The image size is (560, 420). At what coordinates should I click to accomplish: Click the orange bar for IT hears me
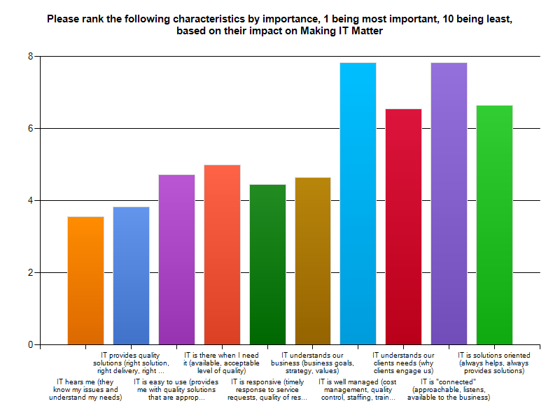click(x=85, y=281)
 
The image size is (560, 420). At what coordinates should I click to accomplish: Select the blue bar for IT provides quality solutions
click(x=131, y=276)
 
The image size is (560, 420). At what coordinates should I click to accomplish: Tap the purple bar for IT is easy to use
click(x=176, y=260)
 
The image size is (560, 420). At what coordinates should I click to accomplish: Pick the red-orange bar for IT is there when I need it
click(x=222, y=255)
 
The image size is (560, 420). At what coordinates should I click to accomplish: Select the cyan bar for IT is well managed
click(x=358, y=204)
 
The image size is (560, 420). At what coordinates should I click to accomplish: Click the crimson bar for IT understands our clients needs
click(x=404, y=227)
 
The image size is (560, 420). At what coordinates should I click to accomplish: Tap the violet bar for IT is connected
click(x=449, y=204)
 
